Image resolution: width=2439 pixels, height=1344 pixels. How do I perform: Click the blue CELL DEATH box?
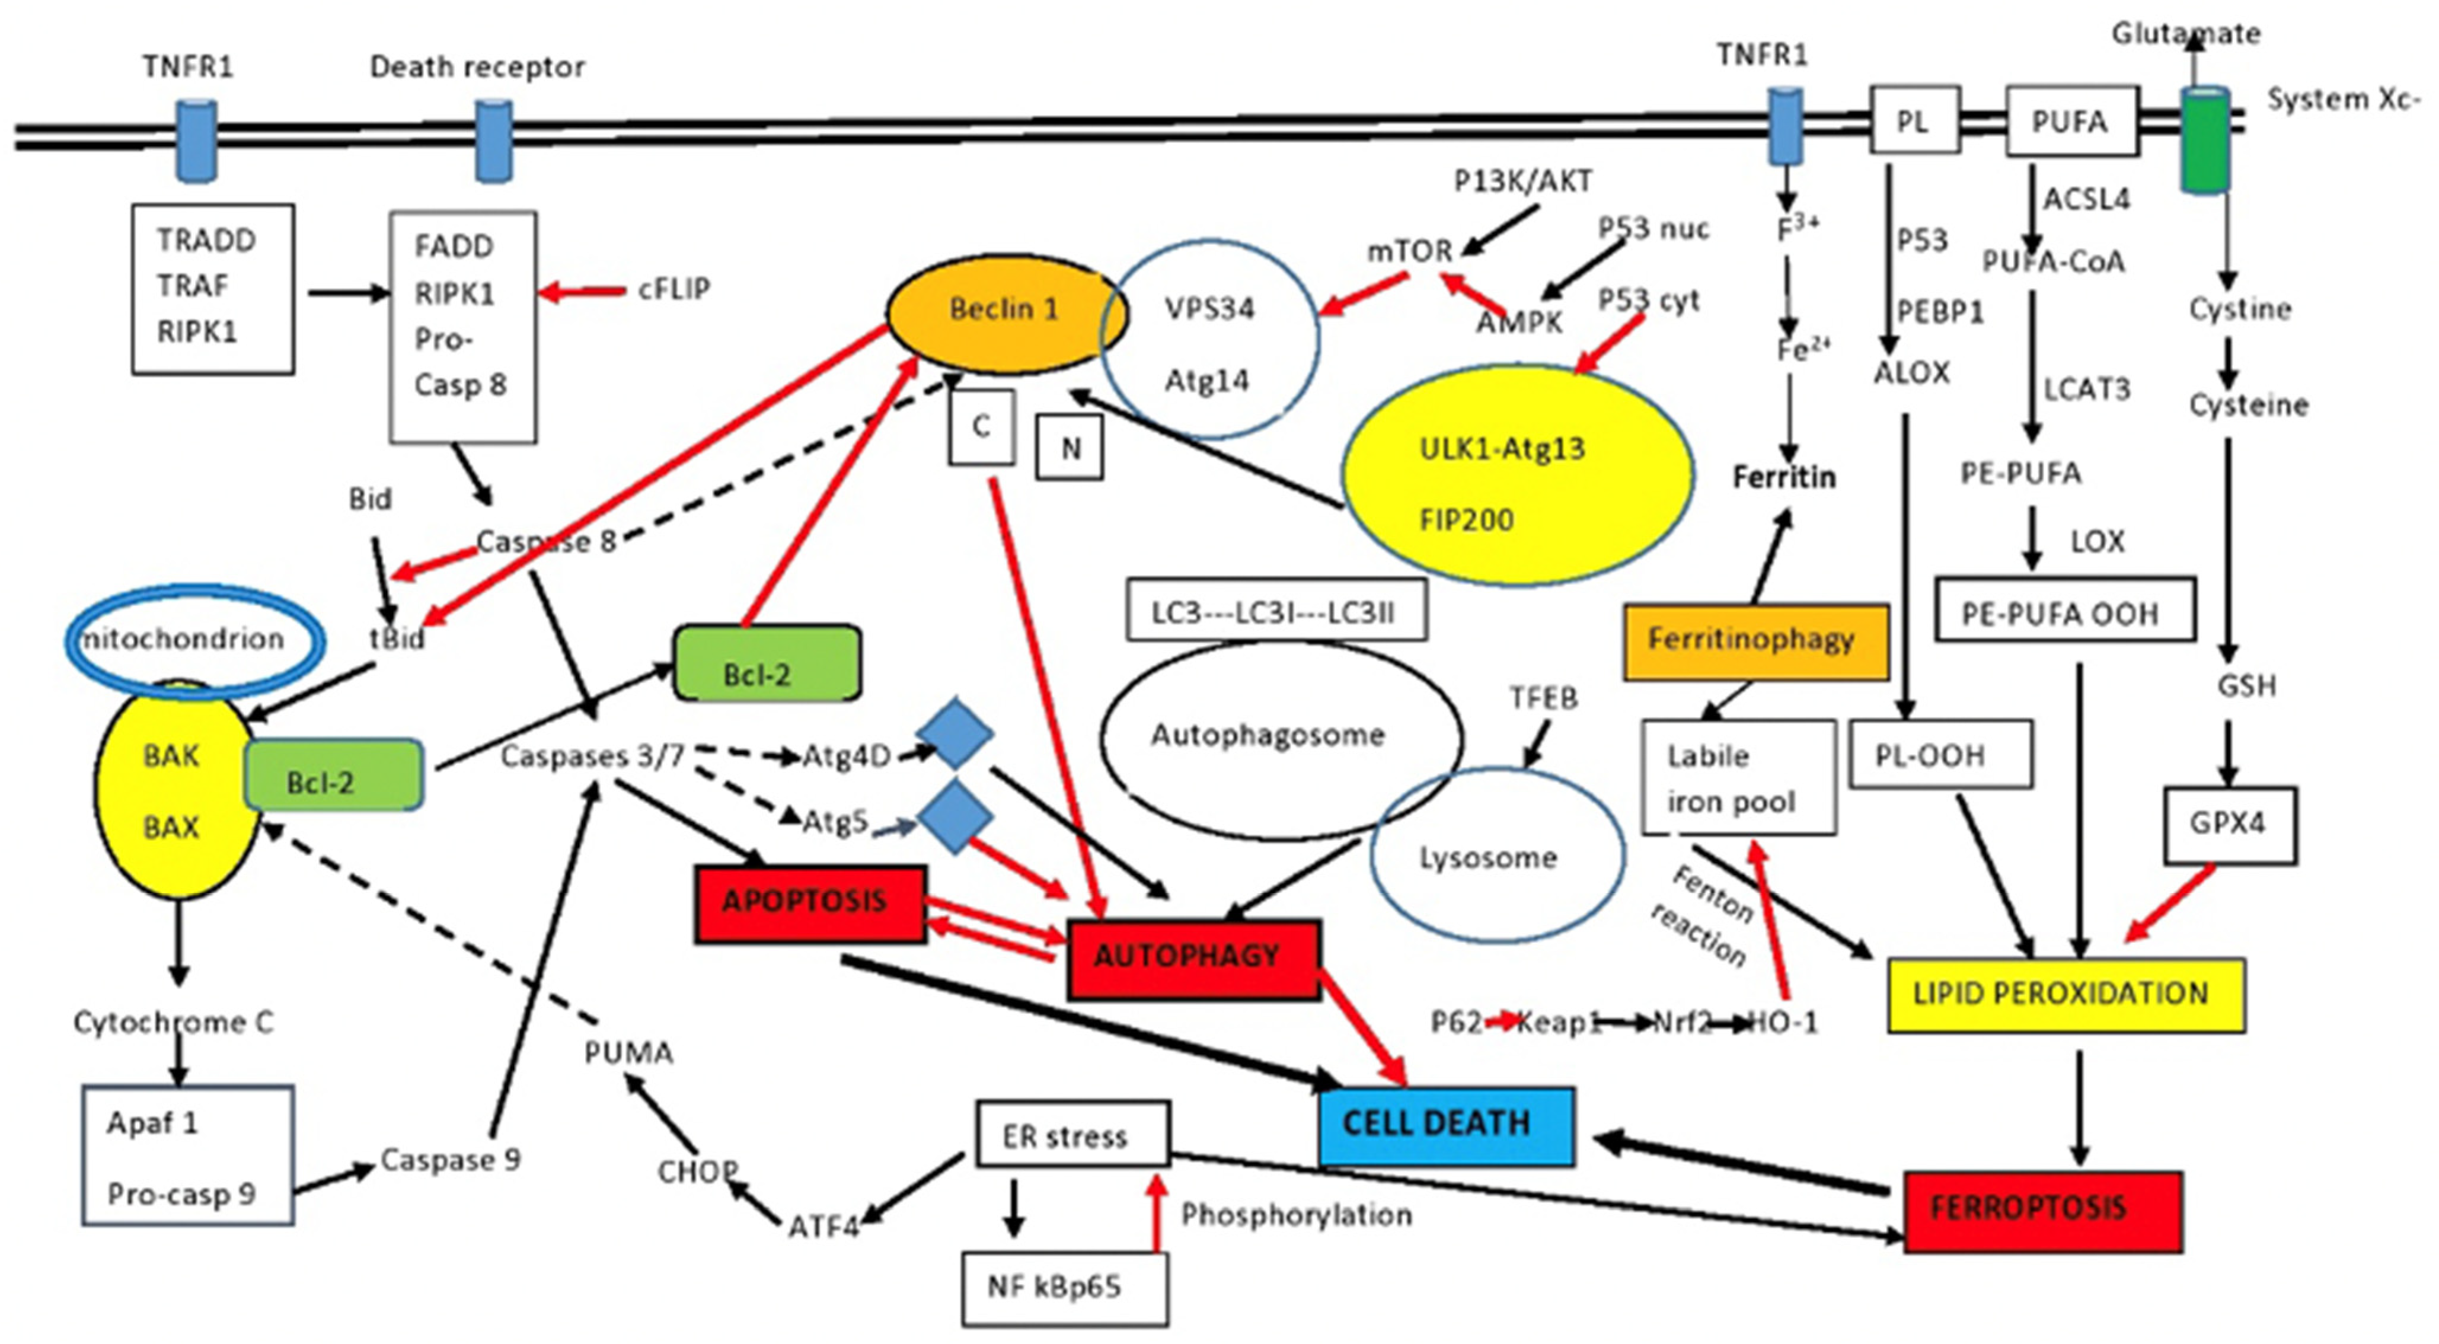[x=1446, y=1125]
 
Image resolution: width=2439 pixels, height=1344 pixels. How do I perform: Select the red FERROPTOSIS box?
[x=2042, y=1211]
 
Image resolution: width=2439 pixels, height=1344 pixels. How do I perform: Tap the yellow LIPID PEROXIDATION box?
[x=2065, y=994]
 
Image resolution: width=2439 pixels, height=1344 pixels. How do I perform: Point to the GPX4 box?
[x=2229, y=824]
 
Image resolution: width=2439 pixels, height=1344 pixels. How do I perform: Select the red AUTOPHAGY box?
[x=1192, y=957]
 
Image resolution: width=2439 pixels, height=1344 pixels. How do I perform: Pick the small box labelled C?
[x=981, y=427]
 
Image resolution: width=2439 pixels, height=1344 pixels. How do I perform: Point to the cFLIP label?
[x=674, y=289]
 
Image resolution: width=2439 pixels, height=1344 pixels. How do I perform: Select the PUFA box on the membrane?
[x=2071, y=121]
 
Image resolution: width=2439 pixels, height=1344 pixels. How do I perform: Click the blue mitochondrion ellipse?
[x=194, y=640]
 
